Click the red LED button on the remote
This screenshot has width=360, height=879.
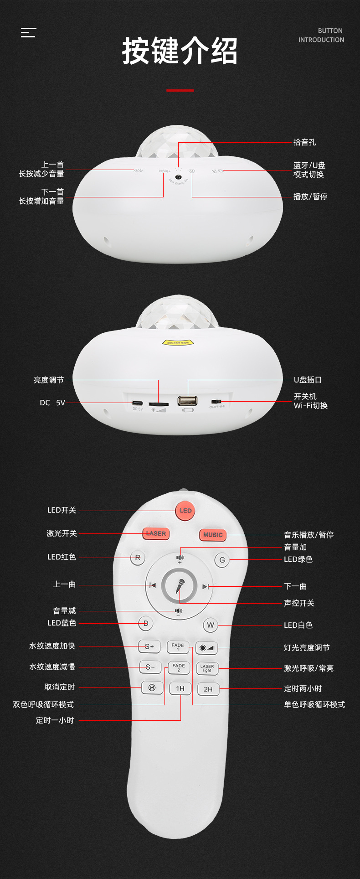(185, 511)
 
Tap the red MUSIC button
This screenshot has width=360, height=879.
(213, 534)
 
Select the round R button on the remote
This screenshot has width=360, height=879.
(138, 558)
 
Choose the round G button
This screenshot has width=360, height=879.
(222, 560)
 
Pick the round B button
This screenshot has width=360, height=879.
(146, 623)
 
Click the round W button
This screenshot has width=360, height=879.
(210, 625)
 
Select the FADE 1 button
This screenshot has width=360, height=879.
(178, 646)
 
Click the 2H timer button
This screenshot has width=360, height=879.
(208, 689)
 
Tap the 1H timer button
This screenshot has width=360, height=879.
(180, 688)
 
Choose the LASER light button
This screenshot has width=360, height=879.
(207, 668)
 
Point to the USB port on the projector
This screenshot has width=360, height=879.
(188, 401)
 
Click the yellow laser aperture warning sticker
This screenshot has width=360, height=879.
(178, 342)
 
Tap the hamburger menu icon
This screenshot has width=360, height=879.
(28, 32)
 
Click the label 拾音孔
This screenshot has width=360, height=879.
(304, 142)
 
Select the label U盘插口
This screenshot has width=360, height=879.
(308, 380)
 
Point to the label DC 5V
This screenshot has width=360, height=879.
(52, 403)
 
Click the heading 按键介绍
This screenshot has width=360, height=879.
(180, 52)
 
